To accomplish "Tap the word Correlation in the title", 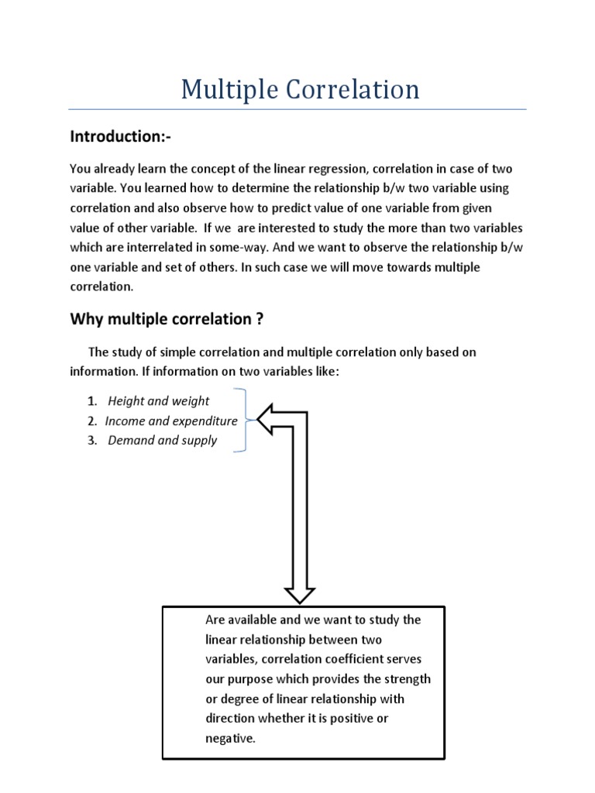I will pos(346,90).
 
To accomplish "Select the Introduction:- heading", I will pos(120,137).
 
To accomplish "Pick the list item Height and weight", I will pos(158,401).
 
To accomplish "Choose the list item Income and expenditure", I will pos(170,421).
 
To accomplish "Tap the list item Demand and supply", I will pos(162,441).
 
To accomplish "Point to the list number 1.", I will pos(91,401).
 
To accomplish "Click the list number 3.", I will pos(91,441).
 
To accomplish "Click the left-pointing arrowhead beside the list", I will pos(269,421).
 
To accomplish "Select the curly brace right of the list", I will pos(245,421).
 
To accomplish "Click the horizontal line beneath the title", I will pos(297,109).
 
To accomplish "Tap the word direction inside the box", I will pos(232,718).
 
